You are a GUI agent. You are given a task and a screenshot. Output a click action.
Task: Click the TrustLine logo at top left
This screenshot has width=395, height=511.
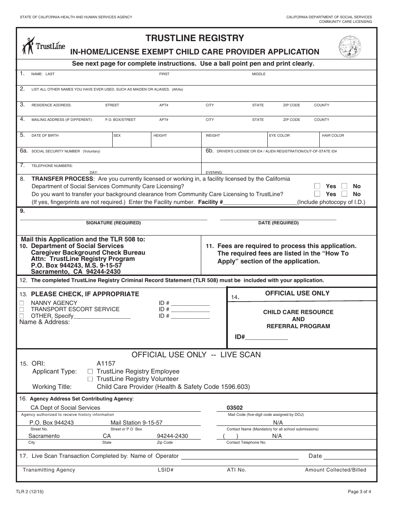point(43,46)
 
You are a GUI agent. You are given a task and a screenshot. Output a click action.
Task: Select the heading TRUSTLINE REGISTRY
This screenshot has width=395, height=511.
point(195,38)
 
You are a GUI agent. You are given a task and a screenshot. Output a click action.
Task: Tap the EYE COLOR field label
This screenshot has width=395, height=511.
point(279,135)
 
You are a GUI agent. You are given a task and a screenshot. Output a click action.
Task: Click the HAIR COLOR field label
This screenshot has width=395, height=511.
point(333,135)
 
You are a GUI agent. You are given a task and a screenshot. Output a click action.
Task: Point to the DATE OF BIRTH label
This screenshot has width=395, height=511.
point(45,135)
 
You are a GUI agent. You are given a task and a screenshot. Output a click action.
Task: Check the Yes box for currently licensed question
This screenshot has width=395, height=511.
point(317,186)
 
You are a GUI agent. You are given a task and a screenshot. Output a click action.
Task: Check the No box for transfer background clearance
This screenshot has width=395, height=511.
point(344,194)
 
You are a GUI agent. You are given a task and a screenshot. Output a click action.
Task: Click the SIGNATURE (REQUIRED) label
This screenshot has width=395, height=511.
point(113,223)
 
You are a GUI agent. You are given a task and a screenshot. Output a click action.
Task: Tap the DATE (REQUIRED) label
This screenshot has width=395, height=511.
point(278,223)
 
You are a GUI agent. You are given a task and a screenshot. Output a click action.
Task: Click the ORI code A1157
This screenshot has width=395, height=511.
point(106,363)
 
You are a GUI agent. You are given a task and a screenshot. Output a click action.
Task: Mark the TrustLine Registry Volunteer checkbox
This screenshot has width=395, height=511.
point(90,379)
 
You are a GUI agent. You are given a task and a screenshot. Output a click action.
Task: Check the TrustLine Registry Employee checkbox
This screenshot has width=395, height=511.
point(90,371)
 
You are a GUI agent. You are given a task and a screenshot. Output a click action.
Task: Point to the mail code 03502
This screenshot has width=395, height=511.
point(235,408)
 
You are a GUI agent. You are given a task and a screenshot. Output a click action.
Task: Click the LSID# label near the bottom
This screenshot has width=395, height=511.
point(165,470)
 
